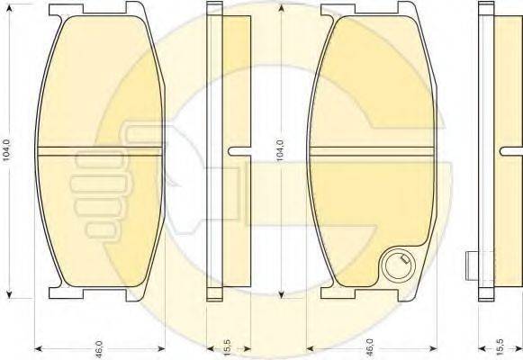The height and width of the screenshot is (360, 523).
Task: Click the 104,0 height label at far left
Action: point(7,150)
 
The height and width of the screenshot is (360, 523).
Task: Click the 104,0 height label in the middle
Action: point(280,150)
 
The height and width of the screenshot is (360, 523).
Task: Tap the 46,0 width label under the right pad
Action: point(371,347)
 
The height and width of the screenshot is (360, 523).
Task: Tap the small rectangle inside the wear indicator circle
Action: point(404,259)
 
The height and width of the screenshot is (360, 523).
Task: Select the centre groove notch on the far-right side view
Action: point(511,151)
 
